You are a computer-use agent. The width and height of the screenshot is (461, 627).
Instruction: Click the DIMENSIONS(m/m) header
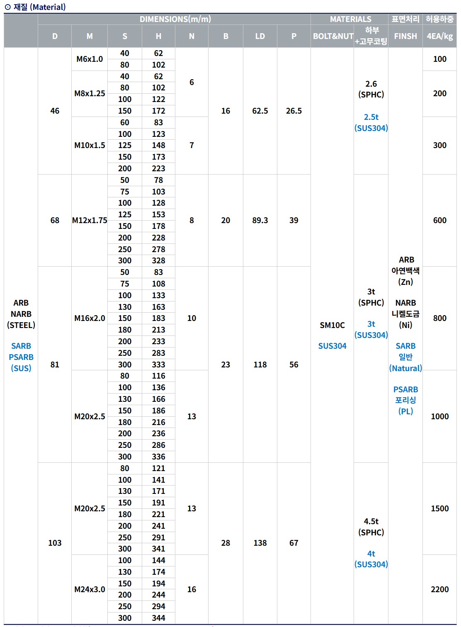point(175,19)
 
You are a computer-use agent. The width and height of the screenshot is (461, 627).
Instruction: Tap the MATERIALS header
point(350,19)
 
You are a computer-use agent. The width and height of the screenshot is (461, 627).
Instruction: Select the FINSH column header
point(405,36)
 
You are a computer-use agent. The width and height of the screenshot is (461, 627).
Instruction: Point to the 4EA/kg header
point(439,36)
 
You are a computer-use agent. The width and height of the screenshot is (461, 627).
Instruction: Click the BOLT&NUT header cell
point(333,36)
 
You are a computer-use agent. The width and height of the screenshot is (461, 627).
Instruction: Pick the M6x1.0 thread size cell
point(90,59)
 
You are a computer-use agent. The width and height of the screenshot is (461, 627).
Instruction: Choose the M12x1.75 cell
point(90,220)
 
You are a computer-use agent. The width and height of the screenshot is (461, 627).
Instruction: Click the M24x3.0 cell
point(90,589)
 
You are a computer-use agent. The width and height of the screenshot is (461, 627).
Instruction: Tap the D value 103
point(55,543)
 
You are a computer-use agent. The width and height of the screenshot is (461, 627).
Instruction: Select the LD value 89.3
point(260,220)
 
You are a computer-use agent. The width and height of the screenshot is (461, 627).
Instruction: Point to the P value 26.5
point(294,111)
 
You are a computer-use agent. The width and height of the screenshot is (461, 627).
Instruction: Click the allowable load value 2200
point(439,589)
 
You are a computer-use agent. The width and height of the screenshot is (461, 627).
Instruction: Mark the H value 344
point(158,618)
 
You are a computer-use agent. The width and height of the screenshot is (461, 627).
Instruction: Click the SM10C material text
point(332,325)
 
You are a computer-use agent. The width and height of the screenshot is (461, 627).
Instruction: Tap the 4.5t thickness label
point(371,521)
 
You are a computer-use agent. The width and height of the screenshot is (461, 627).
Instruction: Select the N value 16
point(192,589)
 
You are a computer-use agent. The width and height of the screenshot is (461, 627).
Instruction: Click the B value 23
point(226,365)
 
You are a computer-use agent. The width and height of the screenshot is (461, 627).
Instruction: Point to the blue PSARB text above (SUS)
point(21,357)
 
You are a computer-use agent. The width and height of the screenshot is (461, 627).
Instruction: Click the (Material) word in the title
point(48,7)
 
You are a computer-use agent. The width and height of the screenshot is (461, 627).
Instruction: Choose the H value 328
point(158,260)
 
